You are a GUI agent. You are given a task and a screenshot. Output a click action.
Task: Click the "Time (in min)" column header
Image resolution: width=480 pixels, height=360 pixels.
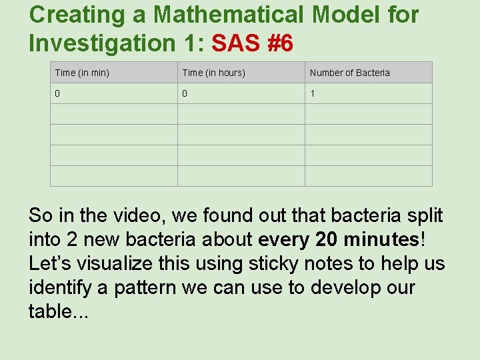[82, 73]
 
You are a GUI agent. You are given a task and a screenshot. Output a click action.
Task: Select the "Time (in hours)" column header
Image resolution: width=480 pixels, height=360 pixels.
[213, 73]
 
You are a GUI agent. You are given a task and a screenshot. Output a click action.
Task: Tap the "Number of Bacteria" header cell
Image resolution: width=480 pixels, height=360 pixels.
[349, 73]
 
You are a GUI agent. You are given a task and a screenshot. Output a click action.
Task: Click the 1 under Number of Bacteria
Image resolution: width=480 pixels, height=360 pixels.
[312, 93]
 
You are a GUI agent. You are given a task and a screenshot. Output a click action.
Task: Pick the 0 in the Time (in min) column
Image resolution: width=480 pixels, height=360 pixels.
[57, 93]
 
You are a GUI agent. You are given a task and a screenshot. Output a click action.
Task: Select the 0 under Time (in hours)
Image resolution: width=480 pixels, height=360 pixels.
[185, 93]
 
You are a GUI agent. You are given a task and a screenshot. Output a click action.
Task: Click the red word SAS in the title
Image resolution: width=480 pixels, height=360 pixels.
[233, 43]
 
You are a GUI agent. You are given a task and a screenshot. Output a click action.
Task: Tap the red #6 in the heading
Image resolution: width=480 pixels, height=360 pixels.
[277, 43]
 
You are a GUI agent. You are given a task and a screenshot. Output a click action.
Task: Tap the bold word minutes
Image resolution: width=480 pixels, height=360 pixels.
[379, 239]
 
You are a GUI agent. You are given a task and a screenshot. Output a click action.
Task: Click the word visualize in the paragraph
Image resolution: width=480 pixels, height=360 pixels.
[117, 263]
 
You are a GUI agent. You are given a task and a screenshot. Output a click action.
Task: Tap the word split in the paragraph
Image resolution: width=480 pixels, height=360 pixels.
[427, 215]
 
